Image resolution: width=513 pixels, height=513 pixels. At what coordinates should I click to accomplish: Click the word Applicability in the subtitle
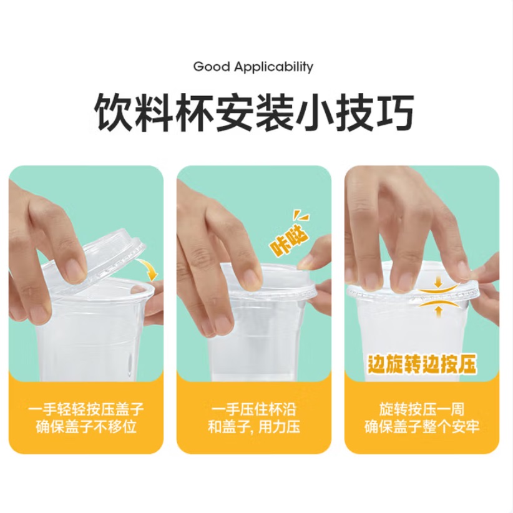[274, 67]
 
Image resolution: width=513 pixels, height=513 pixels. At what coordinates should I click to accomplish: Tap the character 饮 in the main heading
[113, 112]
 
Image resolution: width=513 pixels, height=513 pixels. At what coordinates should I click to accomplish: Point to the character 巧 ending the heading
[395, 112]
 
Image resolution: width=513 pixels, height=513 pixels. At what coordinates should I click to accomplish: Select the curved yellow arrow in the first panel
[148, 268]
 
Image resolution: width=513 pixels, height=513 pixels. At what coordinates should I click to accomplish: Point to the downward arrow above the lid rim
[438, 282]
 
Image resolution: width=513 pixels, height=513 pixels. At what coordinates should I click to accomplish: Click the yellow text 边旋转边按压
[422, 364]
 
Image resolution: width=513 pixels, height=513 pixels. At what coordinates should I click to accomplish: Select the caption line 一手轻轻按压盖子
[86, 409]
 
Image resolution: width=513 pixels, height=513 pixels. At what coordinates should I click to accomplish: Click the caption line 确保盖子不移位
[86, 427]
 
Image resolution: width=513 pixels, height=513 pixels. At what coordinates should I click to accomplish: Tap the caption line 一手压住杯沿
[254, 409]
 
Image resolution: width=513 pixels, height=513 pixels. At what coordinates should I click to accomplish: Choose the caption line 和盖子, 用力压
[254, 427]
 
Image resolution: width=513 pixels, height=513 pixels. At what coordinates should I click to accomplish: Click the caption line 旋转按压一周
[422, 409]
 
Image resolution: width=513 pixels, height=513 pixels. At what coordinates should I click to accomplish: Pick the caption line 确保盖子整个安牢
[422, 427]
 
